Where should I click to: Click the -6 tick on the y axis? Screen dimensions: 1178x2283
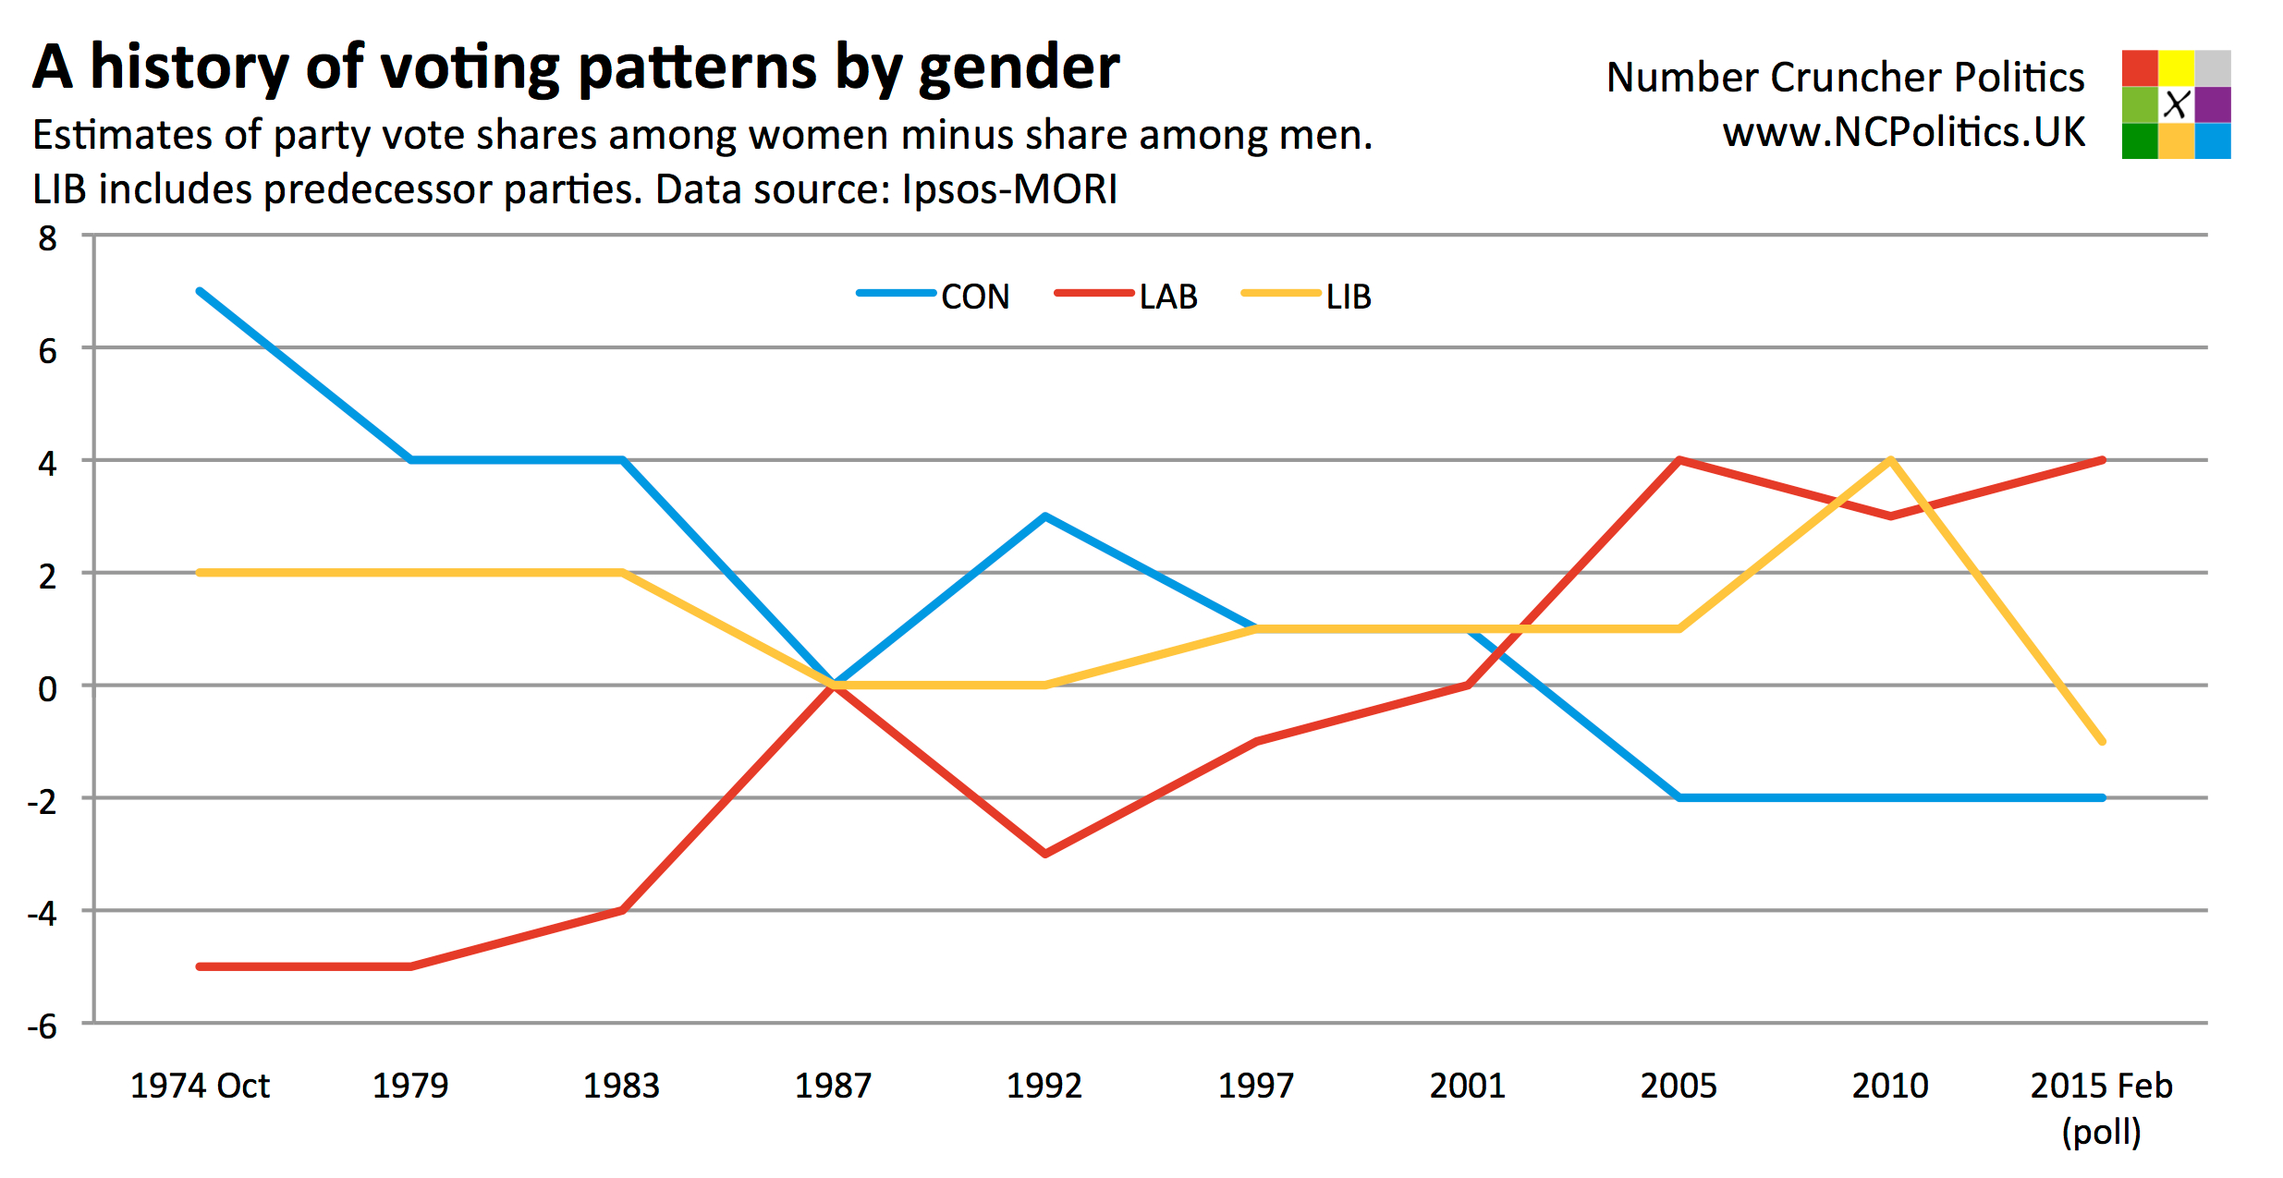pyautogui.click(x=43, y=1026)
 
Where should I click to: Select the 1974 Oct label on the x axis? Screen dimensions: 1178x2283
pyautogui.click(x=200, y=1086)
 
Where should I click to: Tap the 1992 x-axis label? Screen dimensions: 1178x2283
pyautogui.click(x=1044, y=1086)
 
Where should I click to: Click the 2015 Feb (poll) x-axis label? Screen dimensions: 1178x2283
pyautogui.click(x=2101, y=1107)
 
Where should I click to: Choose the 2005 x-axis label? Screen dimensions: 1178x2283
pyautogui.click(x=1679, y=1086)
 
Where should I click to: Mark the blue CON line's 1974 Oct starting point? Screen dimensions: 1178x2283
pyautogui.click(x=201, y=291)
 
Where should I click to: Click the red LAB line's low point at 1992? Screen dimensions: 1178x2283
pyautogui.click(x=1045, y=854)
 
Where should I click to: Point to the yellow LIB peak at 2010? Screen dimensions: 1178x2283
pyautogui.click(x=1891, y=459)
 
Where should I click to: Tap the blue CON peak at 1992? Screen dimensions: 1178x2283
pyautogui.click(x=1045, y=516)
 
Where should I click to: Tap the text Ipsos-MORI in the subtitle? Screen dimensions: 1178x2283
pyautogui.click(x=1009, y=189)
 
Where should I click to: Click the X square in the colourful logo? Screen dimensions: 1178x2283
pyautogui.click(x=2177, y=104)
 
